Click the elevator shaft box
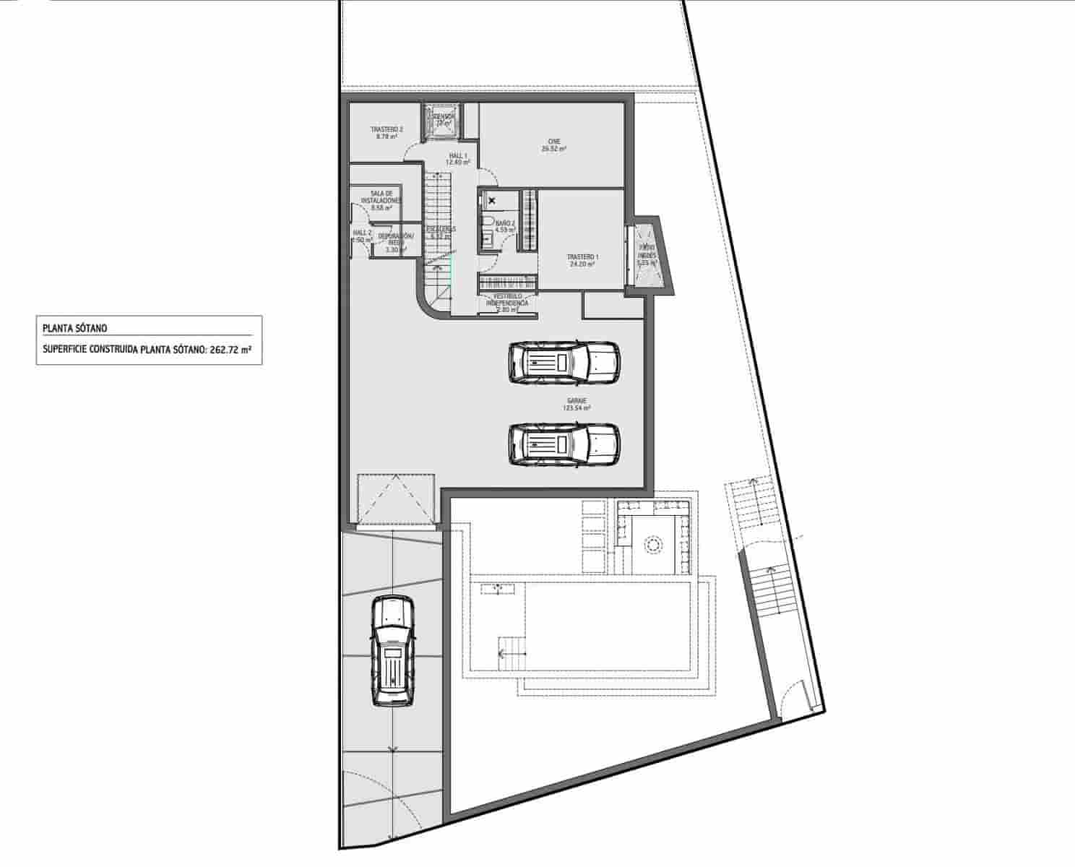pos(441,121)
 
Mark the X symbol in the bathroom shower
pos(493,200)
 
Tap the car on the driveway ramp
pos(392,650)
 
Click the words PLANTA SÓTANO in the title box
pos(75,328)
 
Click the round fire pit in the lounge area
pos(653,544)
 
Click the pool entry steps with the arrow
pos(510,655)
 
